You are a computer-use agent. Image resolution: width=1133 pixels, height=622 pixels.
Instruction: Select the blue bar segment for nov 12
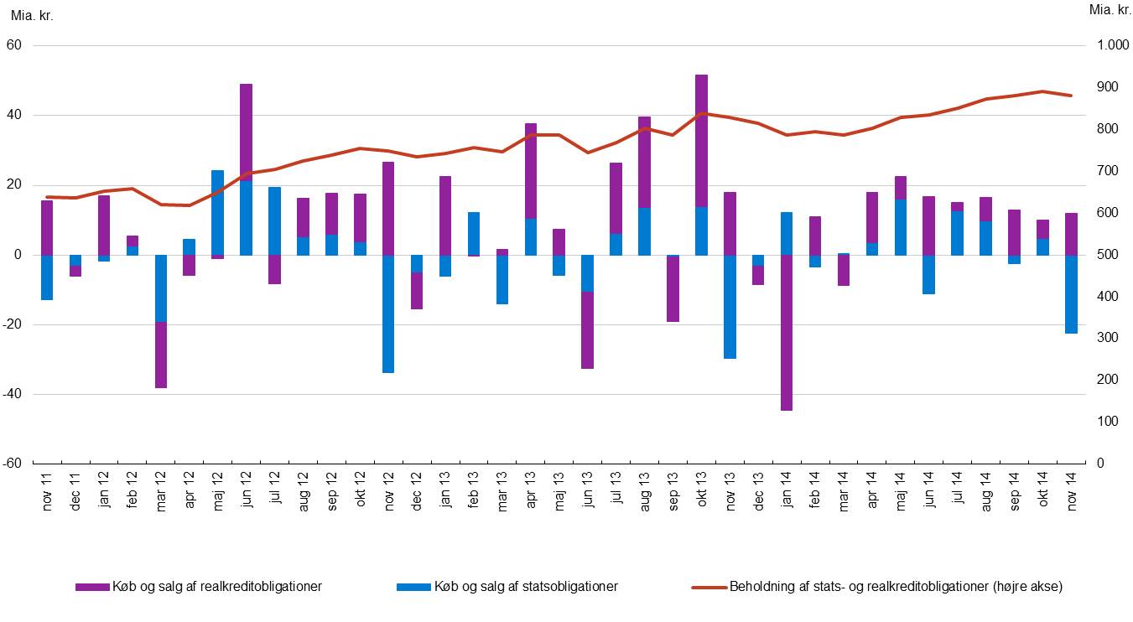[388, 314]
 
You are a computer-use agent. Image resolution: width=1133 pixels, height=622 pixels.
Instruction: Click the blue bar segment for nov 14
[1070, 294]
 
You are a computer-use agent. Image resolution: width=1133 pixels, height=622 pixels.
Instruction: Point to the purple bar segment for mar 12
[160, 355]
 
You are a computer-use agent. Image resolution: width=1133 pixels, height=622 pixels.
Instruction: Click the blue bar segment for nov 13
[730, 307]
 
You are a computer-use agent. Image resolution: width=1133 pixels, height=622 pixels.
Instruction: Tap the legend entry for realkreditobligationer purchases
[199, 587]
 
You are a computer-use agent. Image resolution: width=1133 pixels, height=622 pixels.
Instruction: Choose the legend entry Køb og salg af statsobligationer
[507, 587]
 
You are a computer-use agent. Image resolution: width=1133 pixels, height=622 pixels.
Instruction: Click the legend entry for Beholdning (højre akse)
[877, 587]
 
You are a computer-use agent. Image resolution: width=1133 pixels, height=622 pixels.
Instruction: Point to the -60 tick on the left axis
[15, 464]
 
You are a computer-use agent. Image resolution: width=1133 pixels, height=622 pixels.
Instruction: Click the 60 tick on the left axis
[15, 45]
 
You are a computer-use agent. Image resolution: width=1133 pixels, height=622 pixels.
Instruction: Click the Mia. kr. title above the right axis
[1110, 10]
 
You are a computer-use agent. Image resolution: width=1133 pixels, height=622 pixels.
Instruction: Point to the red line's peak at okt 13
[701, 113]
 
